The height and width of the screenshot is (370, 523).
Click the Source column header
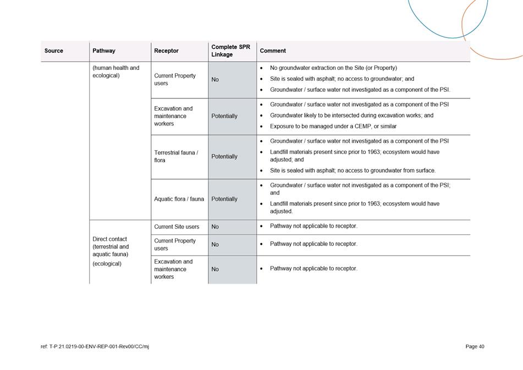tap(54, 51)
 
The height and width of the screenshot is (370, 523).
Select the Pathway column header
tap(104, 51)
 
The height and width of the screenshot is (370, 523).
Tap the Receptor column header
tap(166, 51)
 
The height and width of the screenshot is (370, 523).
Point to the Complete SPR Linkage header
tap(230, 51)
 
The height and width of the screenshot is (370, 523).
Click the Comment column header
tap(273, 51)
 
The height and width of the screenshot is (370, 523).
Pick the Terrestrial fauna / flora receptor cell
tap(176, 156)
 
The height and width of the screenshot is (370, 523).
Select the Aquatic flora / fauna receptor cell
tap(179, 199)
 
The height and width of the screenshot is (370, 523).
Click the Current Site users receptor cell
tap(177, 227)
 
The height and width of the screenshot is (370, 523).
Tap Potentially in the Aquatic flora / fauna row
tap(224, 199)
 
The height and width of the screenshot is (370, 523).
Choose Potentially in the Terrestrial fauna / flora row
tap(224, 156)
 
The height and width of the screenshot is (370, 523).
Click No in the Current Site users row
tap(215, 227)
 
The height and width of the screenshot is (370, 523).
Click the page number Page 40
tap(475, 346)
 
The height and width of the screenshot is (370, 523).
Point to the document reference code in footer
tap(95, 346)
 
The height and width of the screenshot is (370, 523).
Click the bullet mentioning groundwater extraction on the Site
tap(333, 68)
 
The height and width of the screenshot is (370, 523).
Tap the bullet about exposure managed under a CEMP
tap(333, 126)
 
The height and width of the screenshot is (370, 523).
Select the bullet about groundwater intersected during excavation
tap(351, 115)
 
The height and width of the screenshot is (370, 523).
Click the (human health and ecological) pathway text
tap(116, 71)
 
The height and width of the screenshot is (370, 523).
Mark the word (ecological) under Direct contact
tap(107, 263)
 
